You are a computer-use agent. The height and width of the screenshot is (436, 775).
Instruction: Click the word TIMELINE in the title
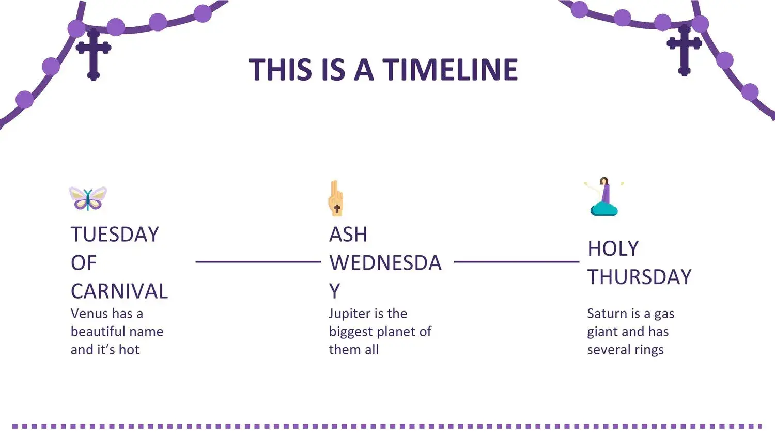pyautogui.click(x=450, y=70)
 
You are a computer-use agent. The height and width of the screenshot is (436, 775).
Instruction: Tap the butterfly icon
pyautogui.click(x=88, y=198)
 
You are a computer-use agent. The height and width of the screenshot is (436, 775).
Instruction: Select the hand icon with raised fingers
pyautogui.click(x=336, y=198)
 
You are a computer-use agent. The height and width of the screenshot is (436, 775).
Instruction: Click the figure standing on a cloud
pyautogui.click(x=604, y=196)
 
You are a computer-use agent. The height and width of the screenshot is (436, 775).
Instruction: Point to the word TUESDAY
pyautogui.click(x=115, y=234)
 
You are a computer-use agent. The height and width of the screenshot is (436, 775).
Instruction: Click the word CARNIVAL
pyautogui.click(x=119, y=291)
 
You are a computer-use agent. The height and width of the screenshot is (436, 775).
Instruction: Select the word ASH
pyautogui.click(x=348, y=234)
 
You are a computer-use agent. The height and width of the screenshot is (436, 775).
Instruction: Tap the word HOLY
pyautogui.click(x=613, y=248)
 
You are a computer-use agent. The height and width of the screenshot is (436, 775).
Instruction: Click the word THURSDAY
pyautogui.click(x=640, y=277)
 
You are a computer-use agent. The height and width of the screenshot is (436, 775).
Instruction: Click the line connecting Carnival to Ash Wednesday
pyautogui.click(x=258, y=261)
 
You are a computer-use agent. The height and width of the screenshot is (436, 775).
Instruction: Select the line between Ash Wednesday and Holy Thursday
pyautogui.click(x=517, y=261)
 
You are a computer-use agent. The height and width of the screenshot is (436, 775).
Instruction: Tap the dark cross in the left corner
pyautogui.click(x=94, y=54)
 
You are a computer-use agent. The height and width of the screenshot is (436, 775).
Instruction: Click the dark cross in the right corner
pyautogui.click(x=685, y=50)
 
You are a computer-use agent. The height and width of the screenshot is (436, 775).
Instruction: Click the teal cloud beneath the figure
pyautogui.click(x=604, y=210)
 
